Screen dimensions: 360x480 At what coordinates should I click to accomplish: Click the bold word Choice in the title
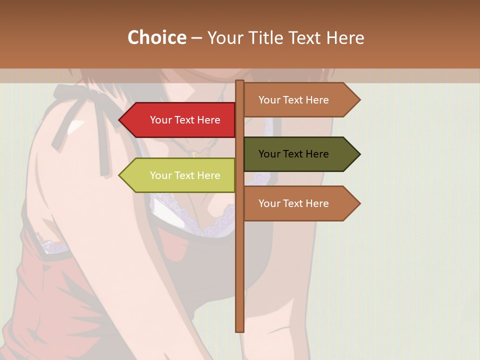(x=156, y=37)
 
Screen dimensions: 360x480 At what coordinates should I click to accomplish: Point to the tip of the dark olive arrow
(x=359, y=154)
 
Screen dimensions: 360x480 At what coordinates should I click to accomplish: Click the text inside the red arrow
(x=185, y=120)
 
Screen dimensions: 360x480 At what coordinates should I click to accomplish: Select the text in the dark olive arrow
(x=293, y=154)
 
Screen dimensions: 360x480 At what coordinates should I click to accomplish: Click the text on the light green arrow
(x=185, y=175)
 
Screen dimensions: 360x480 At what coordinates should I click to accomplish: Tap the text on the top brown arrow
(x=293, y=100)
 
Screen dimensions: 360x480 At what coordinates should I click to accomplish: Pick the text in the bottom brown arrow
(x=293, y=203)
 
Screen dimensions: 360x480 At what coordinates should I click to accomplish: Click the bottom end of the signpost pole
(x=240, y=330)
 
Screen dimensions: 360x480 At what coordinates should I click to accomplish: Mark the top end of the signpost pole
(x=240, y=82)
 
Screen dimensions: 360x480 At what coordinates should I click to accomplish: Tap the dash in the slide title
(x=196, y=38)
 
